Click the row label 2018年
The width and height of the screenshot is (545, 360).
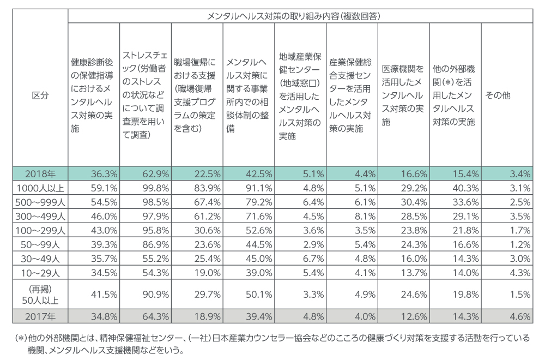point(40,174)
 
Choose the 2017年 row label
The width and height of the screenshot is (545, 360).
point(40,316)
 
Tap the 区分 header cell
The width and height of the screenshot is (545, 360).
point(40,95)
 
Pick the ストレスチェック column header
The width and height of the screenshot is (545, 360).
point(144,95)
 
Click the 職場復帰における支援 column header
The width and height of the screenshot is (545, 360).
point(196,95)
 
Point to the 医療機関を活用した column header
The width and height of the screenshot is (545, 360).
point(403,95)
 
